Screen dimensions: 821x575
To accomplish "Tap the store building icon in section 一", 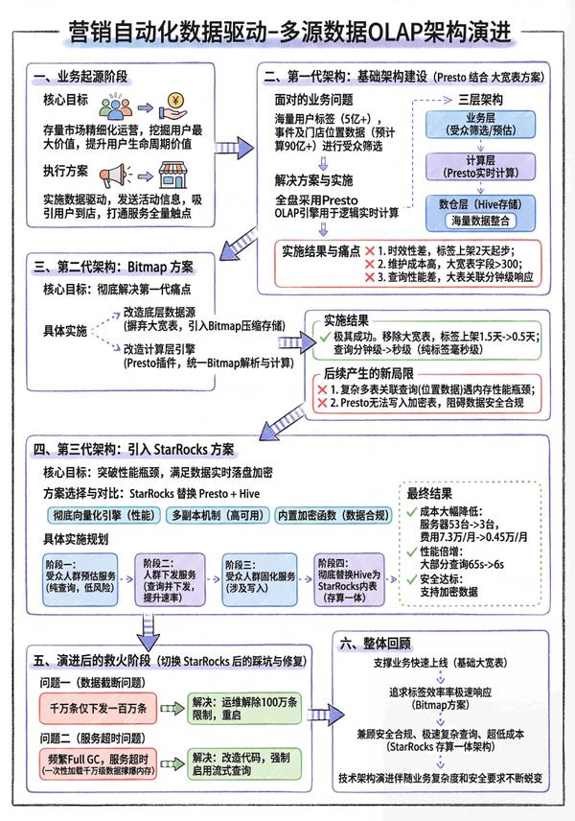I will coord(174,176).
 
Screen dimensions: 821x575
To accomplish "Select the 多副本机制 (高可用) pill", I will coord(218,515).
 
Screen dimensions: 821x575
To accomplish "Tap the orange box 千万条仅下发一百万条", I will coord(84,709).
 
